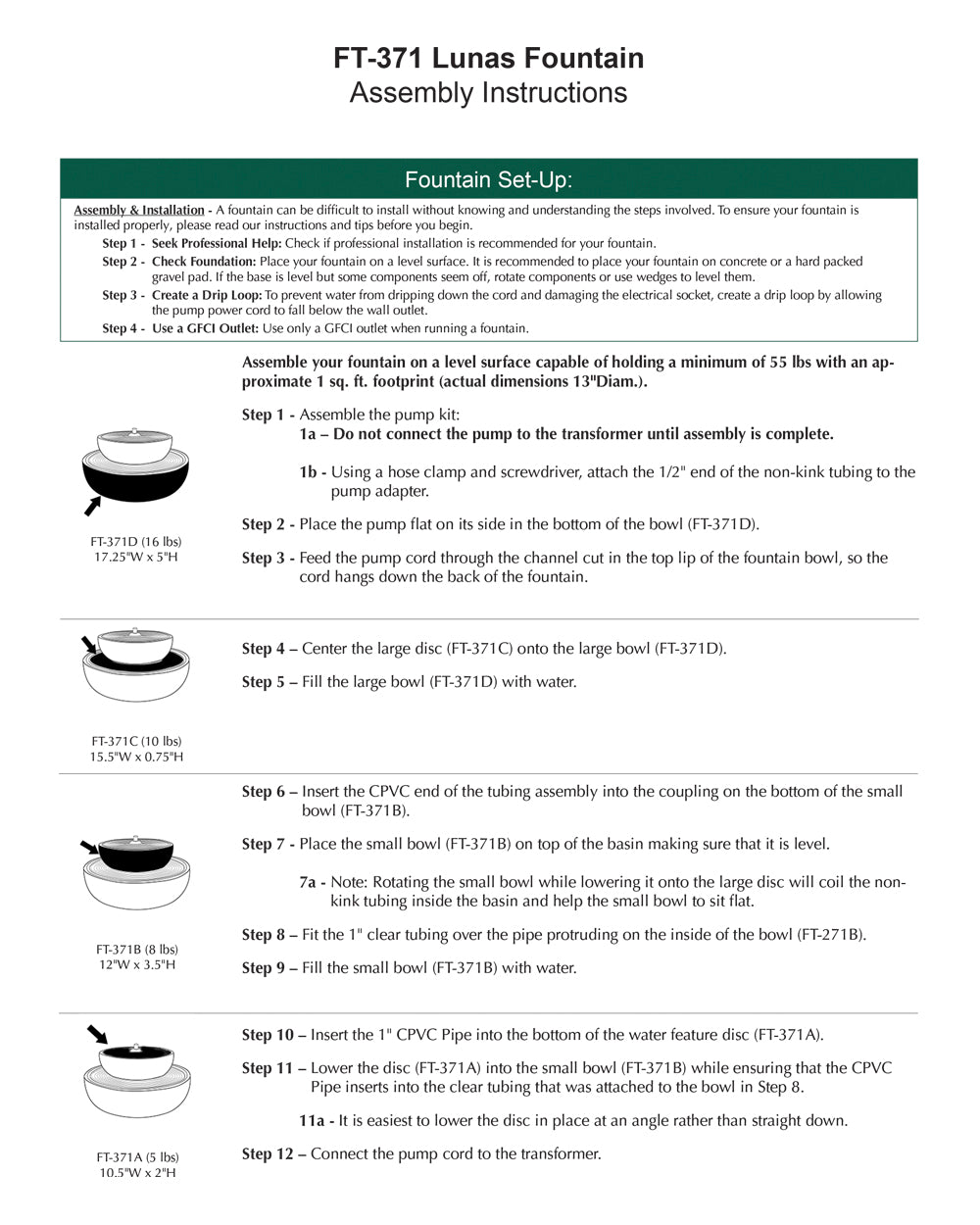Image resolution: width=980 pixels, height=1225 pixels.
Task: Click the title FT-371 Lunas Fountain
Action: point(488,59)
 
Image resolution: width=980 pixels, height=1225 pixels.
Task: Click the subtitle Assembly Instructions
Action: point(488,93)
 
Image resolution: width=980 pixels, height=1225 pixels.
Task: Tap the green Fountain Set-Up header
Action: point(488,179)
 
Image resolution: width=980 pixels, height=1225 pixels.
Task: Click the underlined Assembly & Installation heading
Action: point(139,210)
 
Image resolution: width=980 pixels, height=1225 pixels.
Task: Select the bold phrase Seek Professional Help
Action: point(217,243)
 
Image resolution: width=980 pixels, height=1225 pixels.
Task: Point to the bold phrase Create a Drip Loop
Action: point(207,295)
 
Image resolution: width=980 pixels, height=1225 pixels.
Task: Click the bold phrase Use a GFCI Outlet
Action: point(205,328)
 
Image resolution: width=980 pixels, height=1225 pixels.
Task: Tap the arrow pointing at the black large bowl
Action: point(92,506)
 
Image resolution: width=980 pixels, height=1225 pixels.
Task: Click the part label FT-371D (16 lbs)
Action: point(136,541)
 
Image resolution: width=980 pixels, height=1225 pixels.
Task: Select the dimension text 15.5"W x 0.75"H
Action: point(136,757)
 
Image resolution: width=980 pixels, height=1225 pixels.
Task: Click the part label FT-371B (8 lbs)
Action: point(136,949)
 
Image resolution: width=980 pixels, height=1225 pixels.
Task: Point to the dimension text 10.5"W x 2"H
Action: point(137,1172)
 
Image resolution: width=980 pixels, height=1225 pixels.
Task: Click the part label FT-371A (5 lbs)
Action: point(137,1156)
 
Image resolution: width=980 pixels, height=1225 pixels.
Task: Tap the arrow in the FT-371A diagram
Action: point(96,1035)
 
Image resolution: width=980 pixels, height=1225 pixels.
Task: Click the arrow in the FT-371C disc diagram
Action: point(89,645)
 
